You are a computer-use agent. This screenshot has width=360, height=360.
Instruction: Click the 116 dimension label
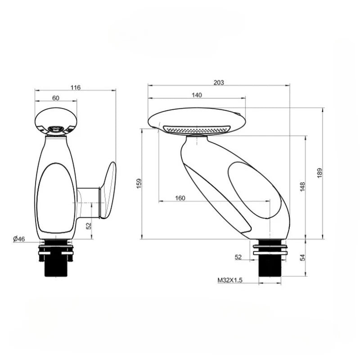point(76,87)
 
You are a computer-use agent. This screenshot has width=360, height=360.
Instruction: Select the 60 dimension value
point(56,98)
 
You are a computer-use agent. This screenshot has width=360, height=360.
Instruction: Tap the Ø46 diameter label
point(19,239)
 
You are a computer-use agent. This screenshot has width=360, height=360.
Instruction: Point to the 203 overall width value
point(219,82)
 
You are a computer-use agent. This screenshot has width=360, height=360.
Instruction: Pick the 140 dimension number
point(197,95)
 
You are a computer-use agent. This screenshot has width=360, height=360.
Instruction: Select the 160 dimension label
point(180,198)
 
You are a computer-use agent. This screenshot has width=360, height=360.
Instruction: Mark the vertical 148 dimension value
point(302,186)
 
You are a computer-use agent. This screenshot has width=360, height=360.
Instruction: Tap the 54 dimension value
point(302,257)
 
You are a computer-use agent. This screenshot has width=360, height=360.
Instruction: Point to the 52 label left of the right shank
point(238,257)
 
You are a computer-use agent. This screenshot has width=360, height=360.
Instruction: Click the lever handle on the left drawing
point(108,189)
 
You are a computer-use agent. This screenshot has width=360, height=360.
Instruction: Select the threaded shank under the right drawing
point(270,268)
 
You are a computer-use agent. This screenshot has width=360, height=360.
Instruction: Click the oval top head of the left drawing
point(56,120)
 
